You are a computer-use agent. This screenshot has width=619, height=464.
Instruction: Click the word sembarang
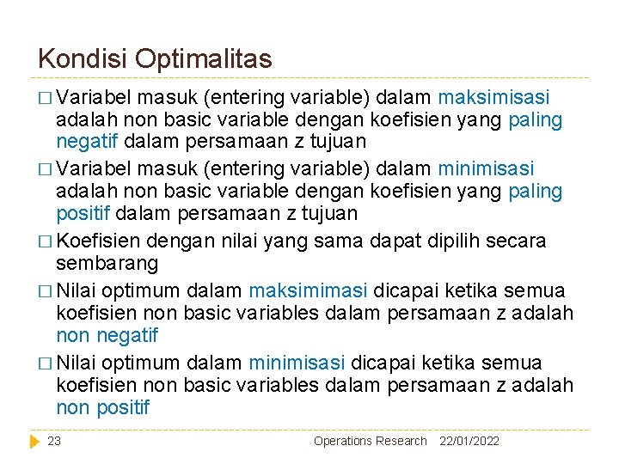[108, 261]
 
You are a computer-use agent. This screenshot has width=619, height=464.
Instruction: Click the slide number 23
[54, 441]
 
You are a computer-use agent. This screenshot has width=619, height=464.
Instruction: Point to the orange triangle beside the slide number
[34, 441]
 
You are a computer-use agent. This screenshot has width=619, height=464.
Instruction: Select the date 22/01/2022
[469, 441]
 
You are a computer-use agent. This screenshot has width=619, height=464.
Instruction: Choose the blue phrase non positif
[102, 407]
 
